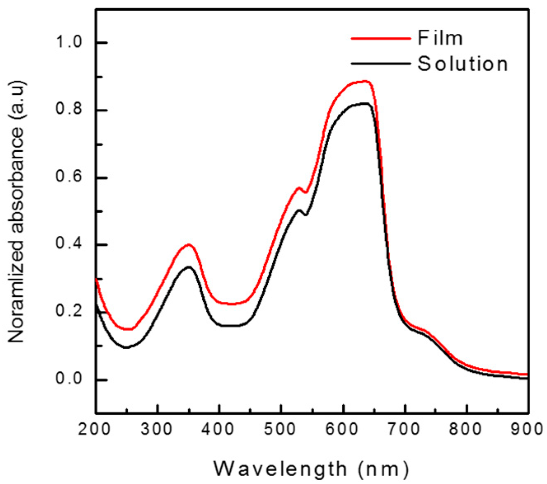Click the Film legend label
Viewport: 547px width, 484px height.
(x=440, y=38)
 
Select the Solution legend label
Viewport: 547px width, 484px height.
(x=463, y=64)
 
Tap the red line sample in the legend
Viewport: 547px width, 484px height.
(x=381, y=38)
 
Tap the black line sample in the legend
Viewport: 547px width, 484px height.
(x=381, y=64)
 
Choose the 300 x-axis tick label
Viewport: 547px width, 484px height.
(x=157, y=429)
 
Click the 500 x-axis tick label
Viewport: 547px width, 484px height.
(x=281, y=429)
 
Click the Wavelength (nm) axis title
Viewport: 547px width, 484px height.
(x=311, y=469)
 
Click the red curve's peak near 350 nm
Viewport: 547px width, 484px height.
(x=189, y=244)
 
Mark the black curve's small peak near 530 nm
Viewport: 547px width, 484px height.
(x=299, y=210)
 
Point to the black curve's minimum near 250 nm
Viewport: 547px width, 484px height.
(x=126, y=348)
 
